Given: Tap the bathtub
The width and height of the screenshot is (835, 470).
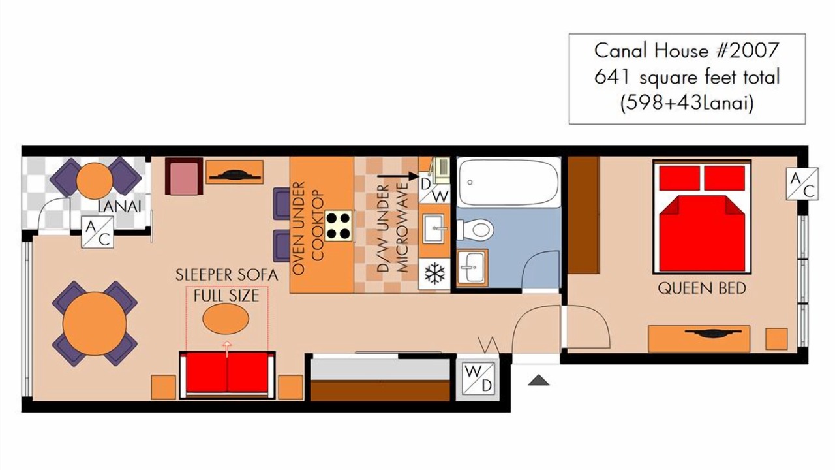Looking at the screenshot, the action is tap(509, 182).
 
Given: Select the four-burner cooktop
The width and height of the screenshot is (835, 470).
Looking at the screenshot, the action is tap(339, 225).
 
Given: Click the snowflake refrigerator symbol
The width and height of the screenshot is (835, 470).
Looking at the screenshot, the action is tap(434, 274).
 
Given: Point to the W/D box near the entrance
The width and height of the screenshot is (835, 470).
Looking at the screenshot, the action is tap(478, 379).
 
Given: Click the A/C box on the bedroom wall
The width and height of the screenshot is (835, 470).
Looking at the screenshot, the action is tap(802, 184).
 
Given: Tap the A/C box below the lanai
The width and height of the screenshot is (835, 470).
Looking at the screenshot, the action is tap(98, 232).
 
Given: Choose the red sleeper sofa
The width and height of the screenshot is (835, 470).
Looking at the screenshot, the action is tap(227, 374).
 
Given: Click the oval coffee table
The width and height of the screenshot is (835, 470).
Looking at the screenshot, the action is tap(226, 318).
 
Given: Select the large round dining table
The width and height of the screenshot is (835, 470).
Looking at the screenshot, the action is tap(95, 323).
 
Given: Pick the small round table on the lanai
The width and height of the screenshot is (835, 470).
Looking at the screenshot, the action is tap(95, 181).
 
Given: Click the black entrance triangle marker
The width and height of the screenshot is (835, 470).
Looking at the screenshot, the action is tap(539, 380).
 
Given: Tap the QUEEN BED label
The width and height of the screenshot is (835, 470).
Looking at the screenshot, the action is tap(701, 289).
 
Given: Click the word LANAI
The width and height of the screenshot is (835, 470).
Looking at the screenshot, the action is tap(119, 206).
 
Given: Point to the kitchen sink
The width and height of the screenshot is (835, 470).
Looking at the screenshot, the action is tap(434, 228).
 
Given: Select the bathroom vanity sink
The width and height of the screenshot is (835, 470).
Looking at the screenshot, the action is tap(471, 267).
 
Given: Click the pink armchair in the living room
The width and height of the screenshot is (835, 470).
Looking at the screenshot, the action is tap(184, 176).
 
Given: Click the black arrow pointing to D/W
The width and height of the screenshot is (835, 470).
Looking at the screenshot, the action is tap(398, 176).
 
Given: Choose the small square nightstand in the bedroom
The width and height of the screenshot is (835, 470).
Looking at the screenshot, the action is tap(776, 339).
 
